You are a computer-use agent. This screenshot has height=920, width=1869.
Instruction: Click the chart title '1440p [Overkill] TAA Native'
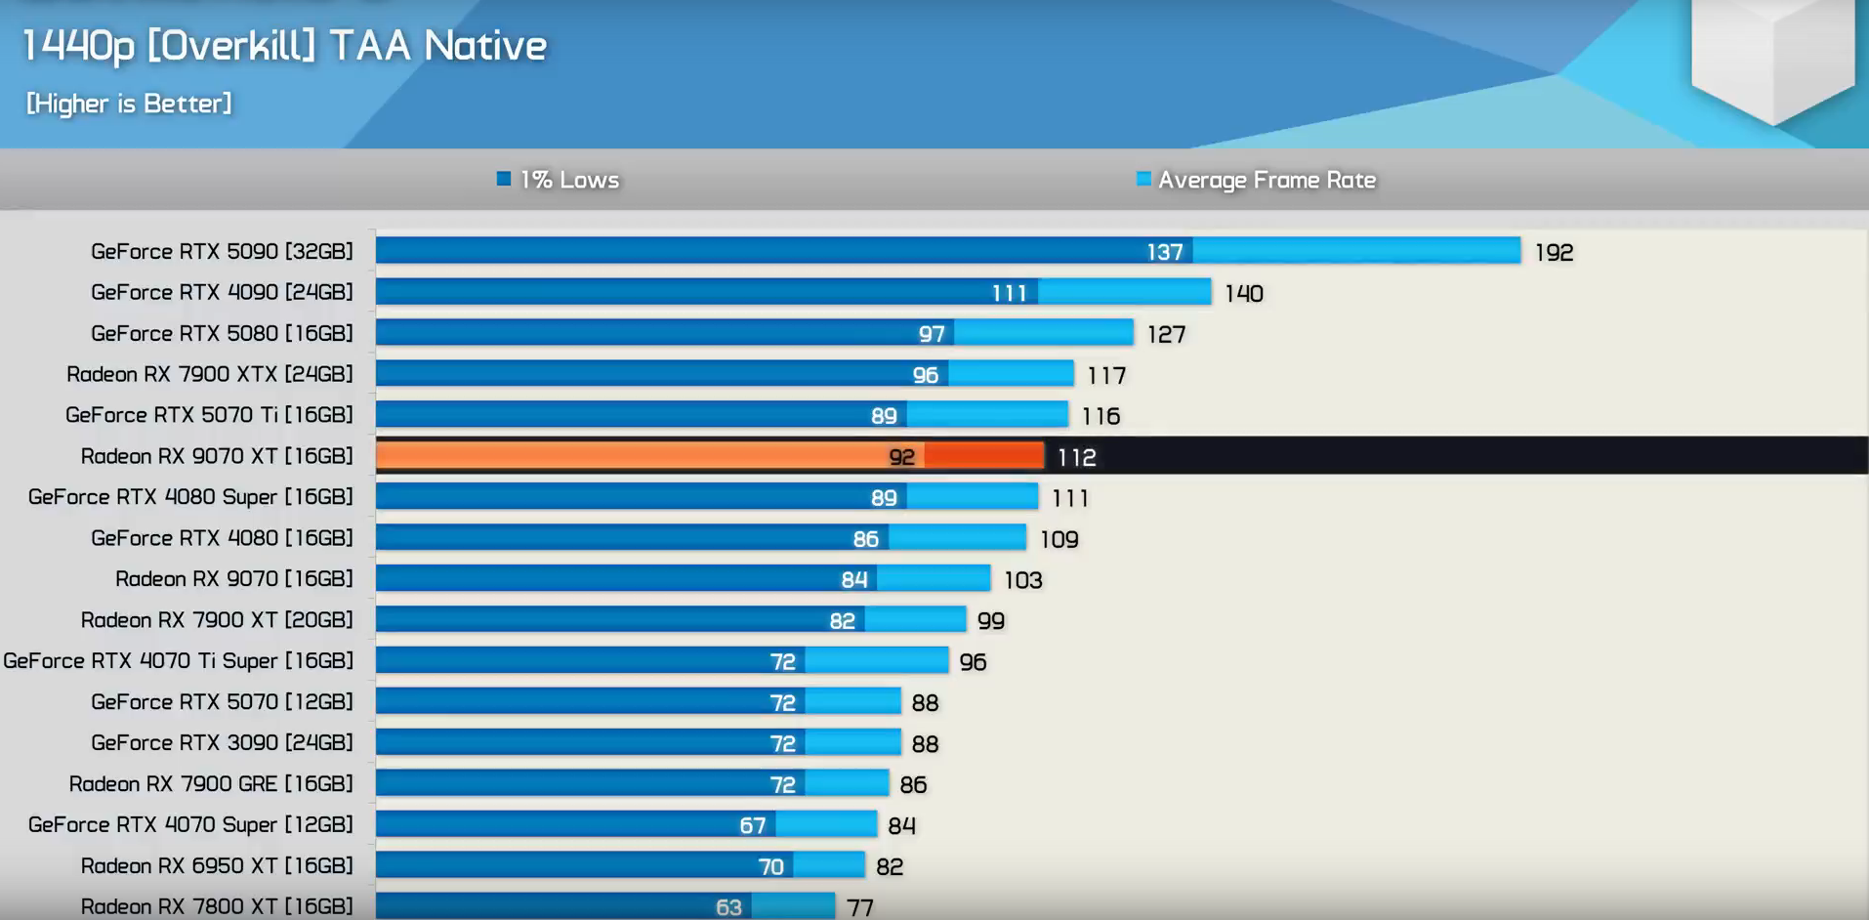[284, 46]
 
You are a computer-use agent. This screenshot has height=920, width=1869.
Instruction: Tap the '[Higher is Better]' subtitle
[129, 104]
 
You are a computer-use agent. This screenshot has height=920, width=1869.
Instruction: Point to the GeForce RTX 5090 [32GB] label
[222, 252]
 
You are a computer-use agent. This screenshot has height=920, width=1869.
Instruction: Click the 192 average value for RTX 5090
[1554, 253]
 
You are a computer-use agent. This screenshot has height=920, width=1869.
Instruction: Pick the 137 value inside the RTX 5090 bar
[1164, 252]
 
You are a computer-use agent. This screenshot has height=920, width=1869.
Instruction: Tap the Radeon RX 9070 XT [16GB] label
[217, 456]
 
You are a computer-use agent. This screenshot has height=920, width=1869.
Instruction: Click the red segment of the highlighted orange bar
[983, 456]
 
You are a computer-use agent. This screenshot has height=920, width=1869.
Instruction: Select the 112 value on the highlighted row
[1076, 457]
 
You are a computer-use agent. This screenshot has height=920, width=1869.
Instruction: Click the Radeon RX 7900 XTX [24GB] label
[210, 374]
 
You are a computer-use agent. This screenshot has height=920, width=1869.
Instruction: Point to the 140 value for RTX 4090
[1243, 294]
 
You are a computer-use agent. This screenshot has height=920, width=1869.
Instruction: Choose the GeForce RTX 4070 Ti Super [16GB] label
[179, 661]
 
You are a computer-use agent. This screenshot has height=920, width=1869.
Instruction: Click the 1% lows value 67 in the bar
[752, 825]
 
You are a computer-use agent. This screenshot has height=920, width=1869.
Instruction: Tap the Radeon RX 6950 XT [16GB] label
[217, 866]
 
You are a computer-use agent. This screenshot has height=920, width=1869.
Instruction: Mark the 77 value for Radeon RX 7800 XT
[859, 907]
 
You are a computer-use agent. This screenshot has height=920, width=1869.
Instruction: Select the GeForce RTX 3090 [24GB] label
[222, 743]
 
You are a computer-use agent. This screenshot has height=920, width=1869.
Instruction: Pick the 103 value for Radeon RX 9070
[1022, 580]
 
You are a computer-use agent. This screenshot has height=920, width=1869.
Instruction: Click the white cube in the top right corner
[1772, 54]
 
